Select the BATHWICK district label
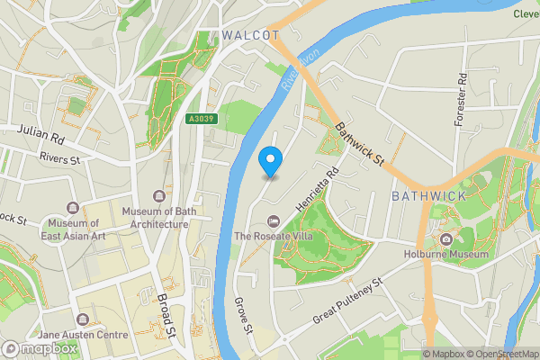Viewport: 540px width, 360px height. tap(428, 195)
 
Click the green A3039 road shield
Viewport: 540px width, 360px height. tap(201, 119)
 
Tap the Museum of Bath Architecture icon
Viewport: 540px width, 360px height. tap(160, 196)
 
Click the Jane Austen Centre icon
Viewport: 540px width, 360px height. tap(83, 319)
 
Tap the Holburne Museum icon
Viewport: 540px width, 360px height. tap(446, 238)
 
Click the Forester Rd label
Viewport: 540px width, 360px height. tap(462, 99)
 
